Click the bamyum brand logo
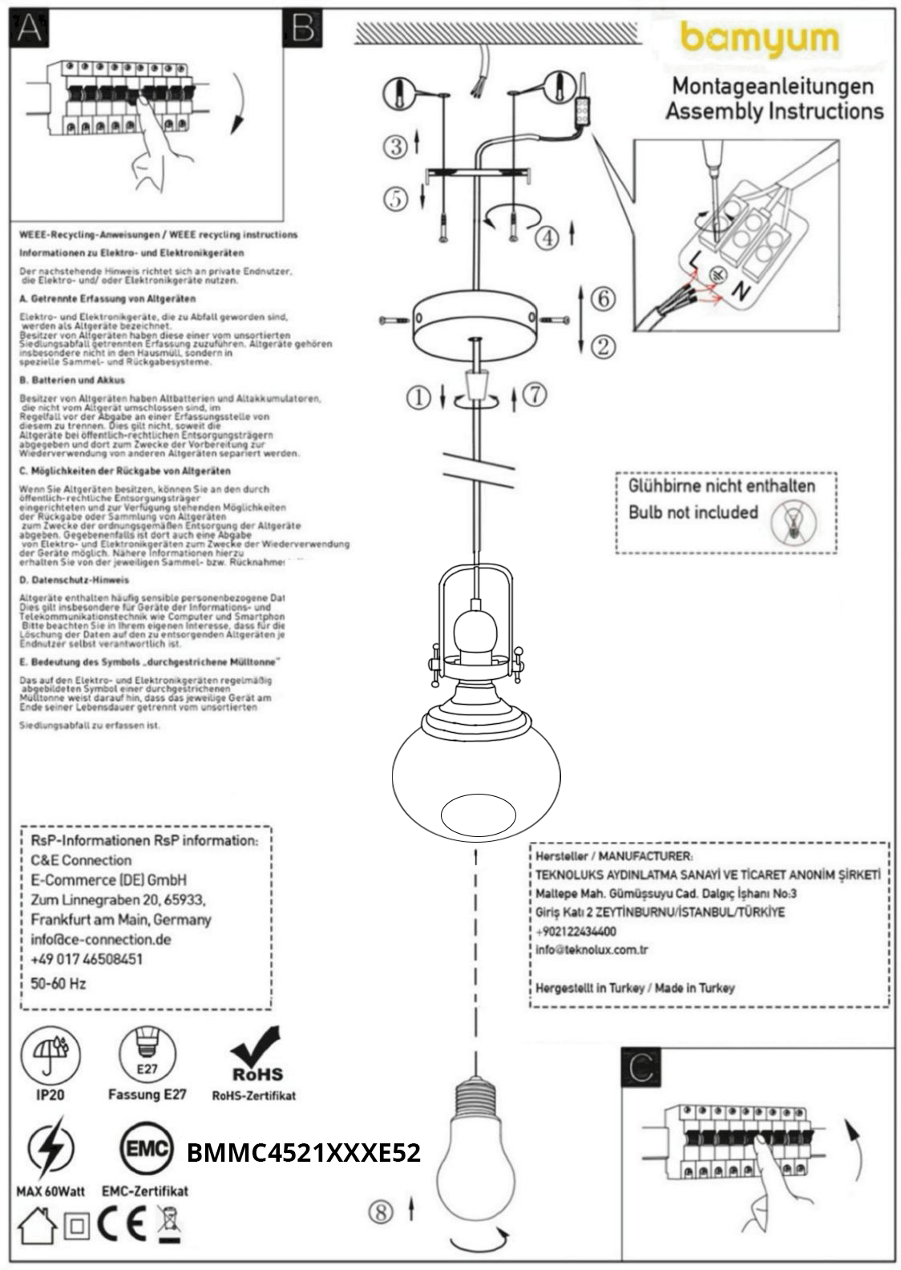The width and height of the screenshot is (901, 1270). click(x=759, y=40)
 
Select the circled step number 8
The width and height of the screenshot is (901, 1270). click(x=381, y=1211)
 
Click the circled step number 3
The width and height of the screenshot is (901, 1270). click(x=395, y=146)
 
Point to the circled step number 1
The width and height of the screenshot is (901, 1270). click(x=418, y=397)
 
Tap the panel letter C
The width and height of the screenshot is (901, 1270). click(x=642, y=1067)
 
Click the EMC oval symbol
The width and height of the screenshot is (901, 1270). click(x=147, y=1151)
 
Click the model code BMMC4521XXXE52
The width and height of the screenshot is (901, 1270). click(x=303, y=1153)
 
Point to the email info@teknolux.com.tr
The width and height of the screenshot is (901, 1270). click(x=592, y=950)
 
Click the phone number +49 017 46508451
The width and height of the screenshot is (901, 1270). click(x=87, y=959)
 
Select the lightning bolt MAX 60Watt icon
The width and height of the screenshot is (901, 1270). click(x=51, y=1151)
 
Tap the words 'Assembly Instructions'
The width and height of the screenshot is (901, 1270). click(x=774, y=111)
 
